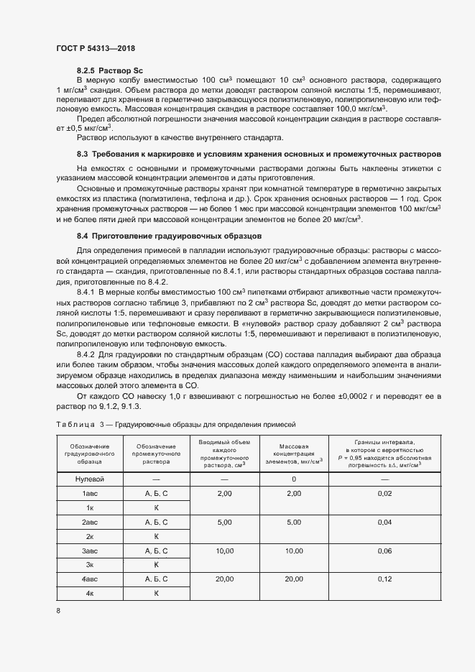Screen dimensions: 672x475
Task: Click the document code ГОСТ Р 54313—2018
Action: pos(95,48)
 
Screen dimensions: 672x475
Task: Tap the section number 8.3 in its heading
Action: pos(82,154)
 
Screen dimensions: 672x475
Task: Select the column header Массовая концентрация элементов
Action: pos(292,455)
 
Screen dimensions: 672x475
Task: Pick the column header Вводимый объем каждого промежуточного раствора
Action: pos(224,455)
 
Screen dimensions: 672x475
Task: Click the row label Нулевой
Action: pos(91,479)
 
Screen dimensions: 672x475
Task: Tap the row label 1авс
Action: pos(91,494)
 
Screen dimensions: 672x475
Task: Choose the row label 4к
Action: pos(91,593)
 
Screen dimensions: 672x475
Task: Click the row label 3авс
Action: pos(91,551)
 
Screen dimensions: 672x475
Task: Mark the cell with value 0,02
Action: pos(384,494)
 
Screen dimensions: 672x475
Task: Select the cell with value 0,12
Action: pos(384,579)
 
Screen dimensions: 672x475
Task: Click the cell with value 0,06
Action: pos(384,551)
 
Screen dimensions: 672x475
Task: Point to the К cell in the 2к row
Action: pos(156,536)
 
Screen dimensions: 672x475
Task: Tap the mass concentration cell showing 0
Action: pos(293,479)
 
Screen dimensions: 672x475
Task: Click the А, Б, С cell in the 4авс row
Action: pos(156,579)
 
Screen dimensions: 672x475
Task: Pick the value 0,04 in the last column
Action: pos(384,523)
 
